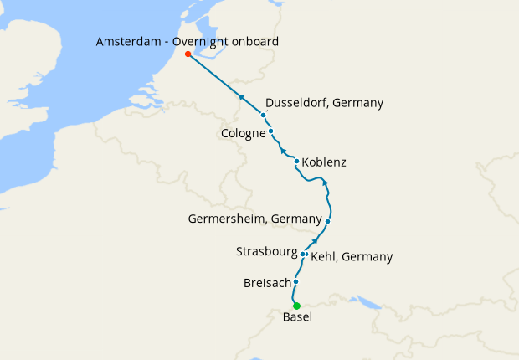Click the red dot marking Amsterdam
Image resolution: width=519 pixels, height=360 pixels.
tap(188, 54)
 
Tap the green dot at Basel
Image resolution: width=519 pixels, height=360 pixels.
tap(296, 306)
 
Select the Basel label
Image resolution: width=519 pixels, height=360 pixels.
tap(298, 319)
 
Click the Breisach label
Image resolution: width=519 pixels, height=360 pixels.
tap(266, 283)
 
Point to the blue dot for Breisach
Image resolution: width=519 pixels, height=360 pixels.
tap(296, 282)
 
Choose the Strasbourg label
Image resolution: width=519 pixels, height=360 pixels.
tap(266, 251)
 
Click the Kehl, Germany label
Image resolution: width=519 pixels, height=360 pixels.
tap(352, 257)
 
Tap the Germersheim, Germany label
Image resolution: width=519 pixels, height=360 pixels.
tap(254, 219)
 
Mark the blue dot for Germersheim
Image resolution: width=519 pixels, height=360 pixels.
tap(328, 221)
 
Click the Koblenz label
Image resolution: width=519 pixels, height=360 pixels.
tap(324, 162)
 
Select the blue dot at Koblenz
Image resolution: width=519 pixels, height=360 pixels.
tap(297, 162)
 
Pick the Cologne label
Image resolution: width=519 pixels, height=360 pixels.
tap(244, 133)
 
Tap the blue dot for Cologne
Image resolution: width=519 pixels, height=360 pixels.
tap(271, 131)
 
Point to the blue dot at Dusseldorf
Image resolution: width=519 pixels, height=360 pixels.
tap(264, 115)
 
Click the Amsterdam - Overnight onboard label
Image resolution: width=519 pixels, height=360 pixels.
tap(188, 41)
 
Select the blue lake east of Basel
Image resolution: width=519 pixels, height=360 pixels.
tap(366, 301)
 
